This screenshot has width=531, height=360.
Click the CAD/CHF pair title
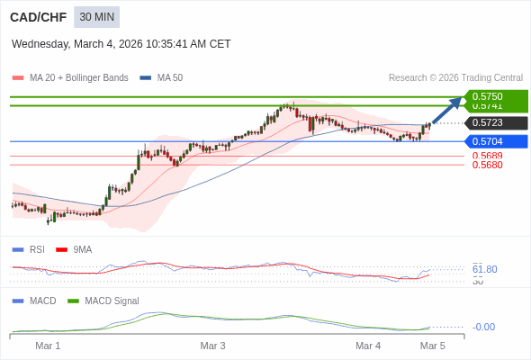[x=36, y=17]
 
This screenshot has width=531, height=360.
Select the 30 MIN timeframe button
[x=96, y=17]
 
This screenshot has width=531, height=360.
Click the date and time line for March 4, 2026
[x=121, y=43]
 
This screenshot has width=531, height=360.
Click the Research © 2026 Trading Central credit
[x=455, y=77]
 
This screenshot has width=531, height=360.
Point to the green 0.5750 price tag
[x=496, y=95]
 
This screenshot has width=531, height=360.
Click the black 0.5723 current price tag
[x=496, y=122]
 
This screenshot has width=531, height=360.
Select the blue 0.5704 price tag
[x=496, y=141]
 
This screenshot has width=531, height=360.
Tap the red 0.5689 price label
[x=487, y=156]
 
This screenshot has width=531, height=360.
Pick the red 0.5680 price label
[x=487, y=165]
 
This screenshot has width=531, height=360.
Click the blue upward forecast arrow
[x=447, y=109]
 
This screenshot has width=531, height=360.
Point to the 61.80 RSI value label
[x=484, y=269]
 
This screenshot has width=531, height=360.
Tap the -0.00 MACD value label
[x=483, y=327]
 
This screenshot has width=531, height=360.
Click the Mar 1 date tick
[x=48, y=346]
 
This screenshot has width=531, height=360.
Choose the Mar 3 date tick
[x=212, y=346]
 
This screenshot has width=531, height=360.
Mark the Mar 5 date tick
[x=433, y=346]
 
